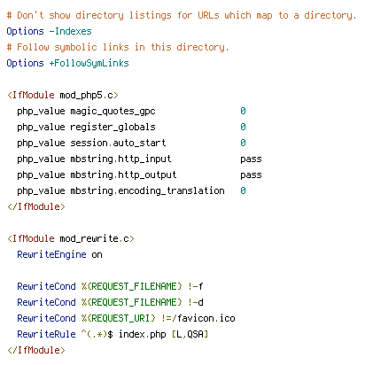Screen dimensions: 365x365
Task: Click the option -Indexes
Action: (x=70, y=31)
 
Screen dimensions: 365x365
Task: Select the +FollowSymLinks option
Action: (x=89, y=64)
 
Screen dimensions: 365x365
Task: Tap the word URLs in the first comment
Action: (x=208, y=15)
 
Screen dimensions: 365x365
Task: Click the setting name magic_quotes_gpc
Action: (x=113, y=112)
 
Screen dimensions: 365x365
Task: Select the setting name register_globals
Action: (x=113, y=128)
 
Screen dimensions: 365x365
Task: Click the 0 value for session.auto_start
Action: (x=243, y=143)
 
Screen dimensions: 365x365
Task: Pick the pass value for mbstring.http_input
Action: (x=251, y=159)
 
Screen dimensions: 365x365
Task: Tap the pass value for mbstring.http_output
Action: (x=251, y=175)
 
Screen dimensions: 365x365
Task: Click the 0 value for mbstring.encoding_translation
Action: (x=243, y=190)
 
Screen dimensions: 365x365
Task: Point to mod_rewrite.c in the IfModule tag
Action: (x=95, y=238)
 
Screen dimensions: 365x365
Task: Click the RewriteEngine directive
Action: (x=51, y=255)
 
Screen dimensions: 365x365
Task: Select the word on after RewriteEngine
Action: (x=97, y=255)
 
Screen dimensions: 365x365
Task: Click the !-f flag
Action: (x=196, y=286)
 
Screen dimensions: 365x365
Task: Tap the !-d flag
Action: (x=196, y=302)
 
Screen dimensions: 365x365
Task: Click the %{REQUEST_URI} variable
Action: (x=119, y=318)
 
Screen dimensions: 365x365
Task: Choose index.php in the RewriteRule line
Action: (x=143, y=335)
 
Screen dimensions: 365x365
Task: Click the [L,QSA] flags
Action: (x=190, y=334)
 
